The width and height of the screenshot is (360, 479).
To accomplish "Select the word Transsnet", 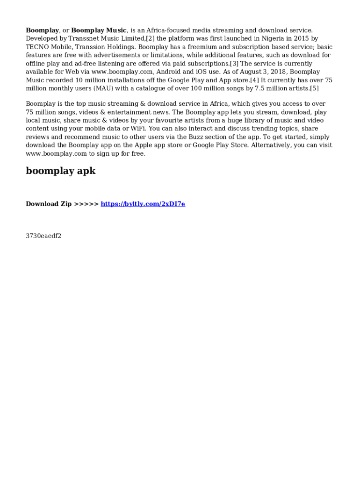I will (x=84, y=39).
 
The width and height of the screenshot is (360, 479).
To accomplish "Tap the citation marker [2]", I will (x=150, y=39).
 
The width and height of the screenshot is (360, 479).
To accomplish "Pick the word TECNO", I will (x=36, y=47).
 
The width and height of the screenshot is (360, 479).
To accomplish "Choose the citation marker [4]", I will (x=254, y=80).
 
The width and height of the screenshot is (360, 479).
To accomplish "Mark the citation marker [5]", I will (x=314, y=89).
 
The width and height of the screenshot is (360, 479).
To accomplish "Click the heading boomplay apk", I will (x=61, y=171).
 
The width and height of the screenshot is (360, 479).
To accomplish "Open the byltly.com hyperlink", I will (x=143, y=204).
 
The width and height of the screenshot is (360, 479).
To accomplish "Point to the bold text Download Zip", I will (x=49, y=204).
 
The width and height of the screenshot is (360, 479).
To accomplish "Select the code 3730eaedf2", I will (x=43, y=236).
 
